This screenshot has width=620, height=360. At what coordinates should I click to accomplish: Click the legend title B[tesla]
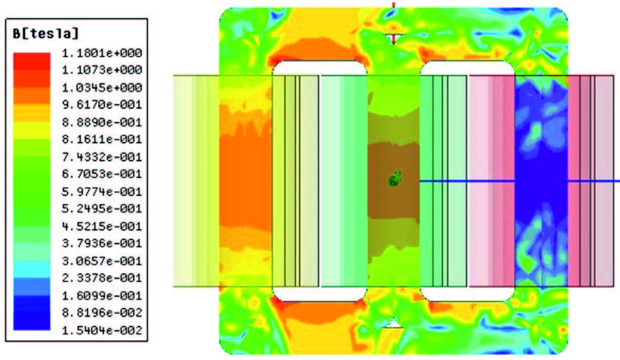[x=46, y=33]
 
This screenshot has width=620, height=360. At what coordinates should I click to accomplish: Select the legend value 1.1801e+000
[x=102, y=53]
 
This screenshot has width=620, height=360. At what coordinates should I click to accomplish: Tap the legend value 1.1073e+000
[x=102, y=70]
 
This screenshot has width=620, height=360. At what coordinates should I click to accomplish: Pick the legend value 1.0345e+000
[x=102, y=87]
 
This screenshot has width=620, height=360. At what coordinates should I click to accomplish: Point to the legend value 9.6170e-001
[x=102, y=105]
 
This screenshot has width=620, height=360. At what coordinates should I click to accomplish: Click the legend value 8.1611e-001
[x=102, y=139]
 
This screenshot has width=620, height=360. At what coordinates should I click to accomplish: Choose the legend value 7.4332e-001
[x=102, y=157]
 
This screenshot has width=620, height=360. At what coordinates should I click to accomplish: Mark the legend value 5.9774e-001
[x=102, y=192]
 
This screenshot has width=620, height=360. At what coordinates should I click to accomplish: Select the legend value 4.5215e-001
[x=102, y=226]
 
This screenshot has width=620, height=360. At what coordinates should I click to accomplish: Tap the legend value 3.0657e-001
[x=102, y=261]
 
